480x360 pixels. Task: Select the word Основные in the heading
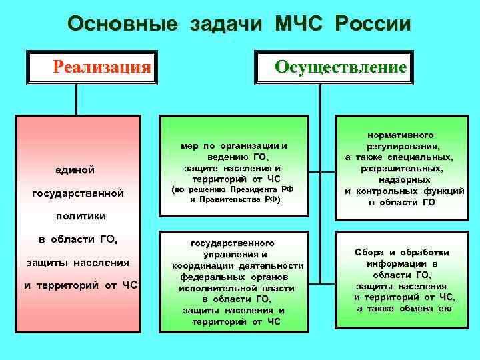[122, 25]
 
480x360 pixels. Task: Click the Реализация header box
[102, 67]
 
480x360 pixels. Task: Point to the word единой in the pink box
[75, 171]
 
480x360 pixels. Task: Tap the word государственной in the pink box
[78, 193]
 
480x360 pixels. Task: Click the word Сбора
[369, 253]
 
